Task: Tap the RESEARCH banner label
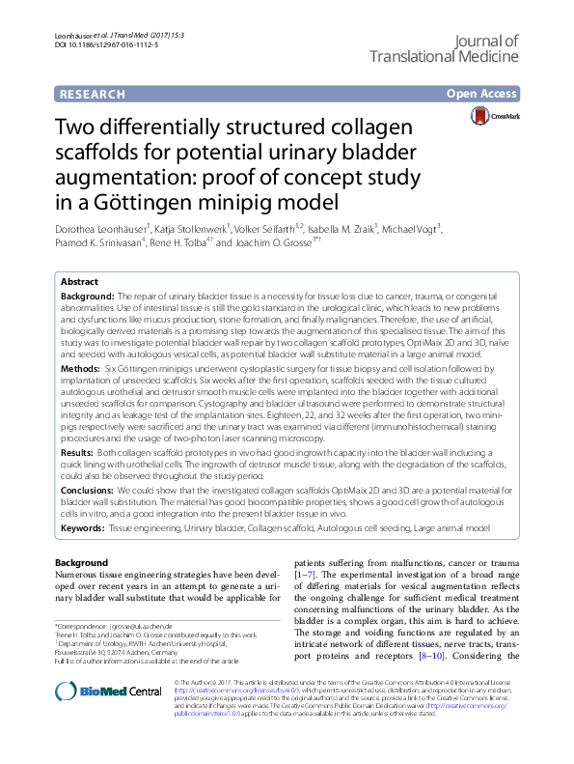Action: tap(91, 95)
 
